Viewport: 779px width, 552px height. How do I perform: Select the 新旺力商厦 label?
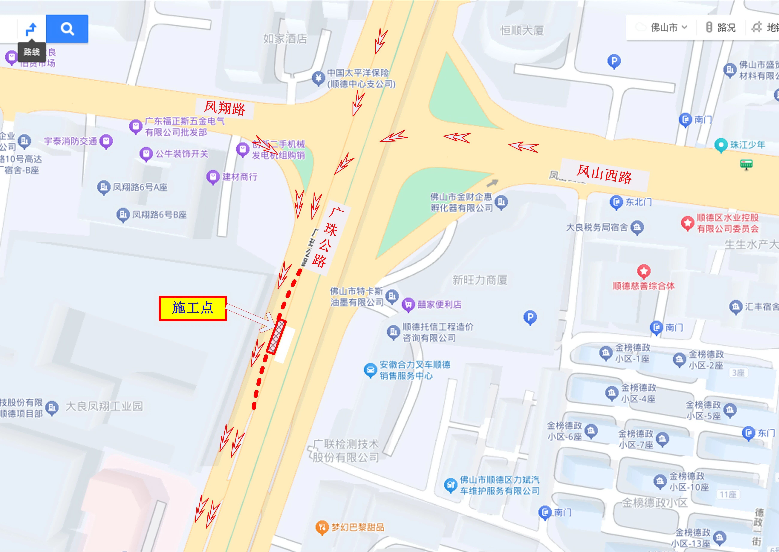[x=480, y=280]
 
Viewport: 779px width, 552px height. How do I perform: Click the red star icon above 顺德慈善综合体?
[x=644, y=271]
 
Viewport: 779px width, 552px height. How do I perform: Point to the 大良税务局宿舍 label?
[x=596, y=227]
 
